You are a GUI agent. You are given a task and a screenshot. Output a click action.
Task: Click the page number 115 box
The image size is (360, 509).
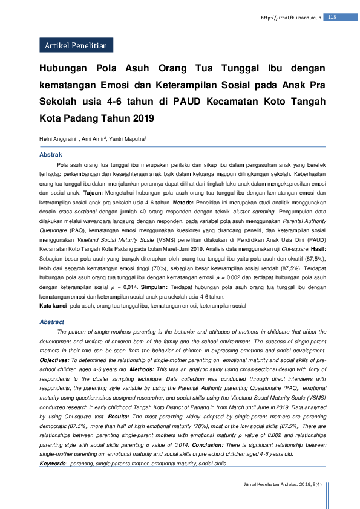[x=331, y=17]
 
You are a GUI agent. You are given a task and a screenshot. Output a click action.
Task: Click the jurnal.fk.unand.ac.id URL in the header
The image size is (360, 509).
[x=292, y=18]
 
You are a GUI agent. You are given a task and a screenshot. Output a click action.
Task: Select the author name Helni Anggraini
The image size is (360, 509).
[x=58, y=139]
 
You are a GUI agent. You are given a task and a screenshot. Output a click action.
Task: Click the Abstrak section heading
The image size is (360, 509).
[x=51, y=155]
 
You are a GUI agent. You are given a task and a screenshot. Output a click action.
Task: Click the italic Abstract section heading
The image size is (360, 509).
[x=51, y=322]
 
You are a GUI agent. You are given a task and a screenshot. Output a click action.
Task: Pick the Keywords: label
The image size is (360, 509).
[x=53, y=463]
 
